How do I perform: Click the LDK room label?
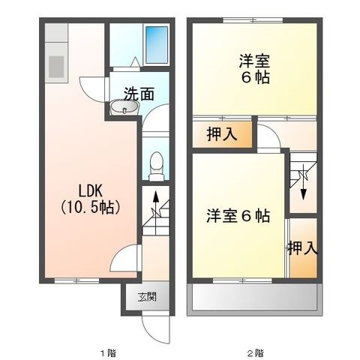click(x=91, y=191)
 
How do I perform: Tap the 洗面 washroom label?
click(x=139, y=94)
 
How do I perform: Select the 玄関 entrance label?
click(x=147, y=297)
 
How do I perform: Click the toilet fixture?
click(x=157, y=166)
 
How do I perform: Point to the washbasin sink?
click(x=124, y=106)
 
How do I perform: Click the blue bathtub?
click(x=157, y=45)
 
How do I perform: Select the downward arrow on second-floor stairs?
click(x=304, y=182)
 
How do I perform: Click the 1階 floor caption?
click(x=108, y=353)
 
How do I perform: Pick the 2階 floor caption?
click(x=255, y=353)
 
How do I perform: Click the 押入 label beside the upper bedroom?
click(x=222, y=134)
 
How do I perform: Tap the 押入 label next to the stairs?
click(x=303, y=248)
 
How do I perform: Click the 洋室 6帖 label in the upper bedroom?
click(x=255, y=70)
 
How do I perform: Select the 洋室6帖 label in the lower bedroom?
click(x=238, y=216)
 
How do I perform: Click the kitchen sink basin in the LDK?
click(x=56, y=67)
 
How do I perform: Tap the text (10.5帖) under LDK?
click(x=91, y=208)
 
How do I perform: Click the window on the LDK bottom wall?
click(x=76, y=280)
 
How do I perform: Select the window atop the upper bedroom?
click(x=253, y=20)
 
